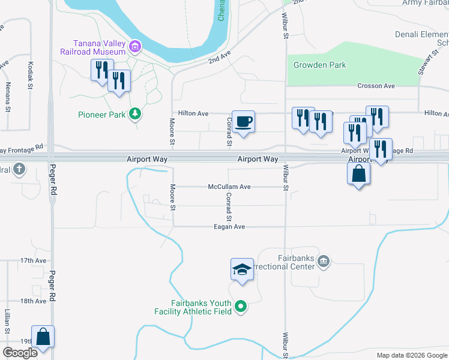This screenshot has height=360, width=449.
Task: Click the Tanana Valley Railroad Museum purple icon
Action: tap(136, 46)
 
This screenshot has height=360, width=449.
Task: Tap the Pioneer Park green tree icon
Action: tap(136, 113)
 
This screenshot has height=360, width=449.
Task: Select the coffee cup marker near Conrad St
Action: tap(244, 122)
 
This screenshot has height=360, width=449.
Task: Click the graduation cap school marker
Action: tap(242, 269)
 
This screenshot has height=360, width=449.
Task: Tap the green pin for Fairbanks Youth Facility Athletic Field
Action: tap(241, 307)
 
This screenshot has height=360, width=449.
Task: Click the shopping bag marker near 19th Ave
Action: tap(43, 337)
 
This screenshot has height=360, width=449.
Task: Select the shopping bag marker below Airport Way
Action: tap(358, 175)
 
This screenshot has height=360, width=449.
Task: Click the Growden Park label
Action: tap(320, 65)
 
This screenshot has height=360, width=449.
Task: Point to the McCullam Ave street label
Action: tap(229, 187)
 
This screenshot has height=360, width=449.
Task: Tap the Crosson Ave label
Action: tap(376, 86)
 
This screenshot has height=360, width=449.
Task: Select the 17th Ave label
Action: tap(33, 261)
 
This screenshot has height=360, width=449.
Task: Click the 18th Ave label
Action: tap(33, 301)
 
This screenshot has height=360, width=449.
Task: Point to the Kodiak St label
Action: tap(30, 75)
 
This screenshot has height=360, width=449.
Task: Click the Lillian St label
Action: tap(8, 322)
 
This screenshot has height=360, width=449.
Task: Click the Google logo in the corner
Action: tap(20, 353)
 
